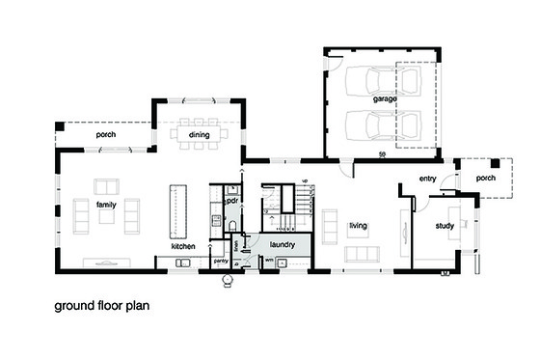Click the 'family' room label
pos(107,205)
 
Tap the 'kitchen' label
pos(184,247)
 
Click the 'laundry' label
pos(282,245)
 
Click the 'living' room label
pos(358,226)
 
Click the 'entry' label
pos(428,180)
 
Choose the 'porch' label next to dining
pos(105,136)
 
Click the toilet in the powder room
pos(232,226)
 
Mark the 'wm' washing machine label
pos(269,261)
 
